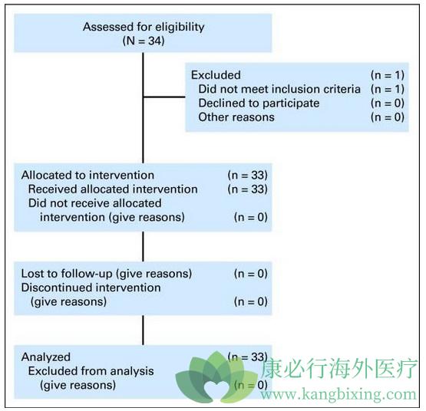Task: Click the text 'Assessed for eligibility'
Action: pyautogui.click(x=144, y=27)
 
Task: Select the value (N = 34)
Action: pyautogui.click(x=144, y=41)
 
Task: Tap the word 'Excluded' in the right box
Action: pyautogui.click(x=216, y=75)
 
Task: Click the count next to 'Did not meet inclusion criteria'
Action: pyautogui.click(x=388, y=89)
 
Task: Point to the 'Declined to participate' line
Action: pyautogui.click(x=259, y=104)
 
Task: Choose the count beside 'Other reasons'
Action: pyautogui.click(x=388, y=117)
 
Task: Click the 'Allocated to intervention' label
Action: pyautogui.click(x=88, y=175)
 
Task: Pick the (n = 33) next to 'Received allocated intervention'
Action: pyautogui.click(x=247, y=189)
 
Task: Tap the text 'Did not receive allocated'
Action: pyautogui.click(x=95, y=203)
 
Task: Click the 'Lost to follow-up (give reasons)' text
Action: pyautogui.click(x=107, y=274)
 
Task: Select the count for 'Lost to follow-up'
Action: pyautogui.click(x=251, y=274)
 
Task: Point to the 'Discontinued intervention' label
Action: pyautogui.click(x=91, y=288)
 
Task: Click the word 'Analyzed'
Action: pyautogui.click(x=46, y=357)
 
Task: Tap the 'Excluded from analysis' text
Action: pyautogui.click(x=91, y=371)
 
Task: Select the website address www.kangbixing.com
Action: pyautogui.click(x=338, y=394)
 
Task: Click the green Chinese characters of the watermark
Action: pyautogui.click(x=338, y=368)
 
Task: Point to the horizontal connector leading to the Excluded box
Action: pyautogui.click(x=164, y=97)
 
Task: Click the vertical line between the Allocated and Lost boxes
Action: pyautogui.click(x=144, y=246)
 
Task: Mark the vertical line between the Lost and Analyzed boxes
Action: pyautogui.click(x=144, y=330)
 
